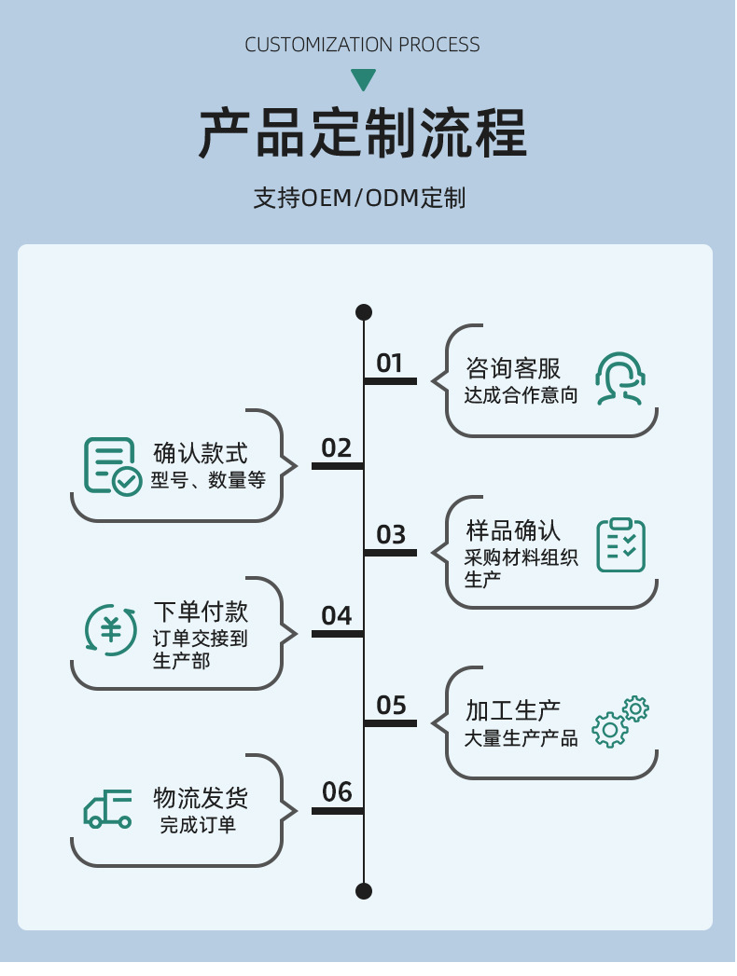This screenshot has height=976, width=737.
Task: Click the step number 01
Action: tap(389, 363)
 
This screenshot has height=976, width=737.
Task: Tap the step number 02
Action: tap(337, 448)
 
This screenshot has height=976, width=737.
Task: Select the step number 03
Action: tap(391, 534)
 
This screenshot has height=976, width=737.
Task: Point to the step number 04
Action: tap(337, 616)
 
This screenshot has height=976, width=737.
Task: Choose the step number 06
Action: tap(337, 792)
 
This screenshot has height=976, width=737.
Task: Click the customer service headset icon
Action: tap(620, 378)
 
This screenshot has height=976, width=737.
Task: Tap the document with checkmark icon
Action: tap(112, 466)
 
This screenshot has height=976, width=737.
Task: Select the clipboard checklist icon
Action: tap(620, 544)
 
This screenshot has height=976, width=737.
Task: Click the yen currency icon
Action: tap(111, 630)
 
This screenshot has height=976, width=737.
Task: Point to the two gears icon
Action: tap(620, 722)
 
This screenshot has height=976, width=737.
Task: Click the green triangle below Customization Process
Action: tap(363, 79)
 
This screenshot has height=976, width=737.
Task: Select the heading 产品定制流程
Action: tap(363, 134)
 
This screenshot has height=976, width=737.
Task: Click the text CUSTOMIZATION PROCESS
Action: tap(362, 45)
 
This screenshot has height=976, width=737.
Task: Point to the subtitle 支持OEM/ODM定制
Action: tap(359, 198)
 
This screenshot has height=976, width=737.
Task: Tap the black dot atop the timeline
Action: tap(364, 311)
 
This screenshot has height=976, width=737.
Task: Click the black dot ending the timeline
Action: tap(364, 890)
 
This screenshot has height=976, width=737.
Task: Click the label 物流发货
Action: tap(201, 798)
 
